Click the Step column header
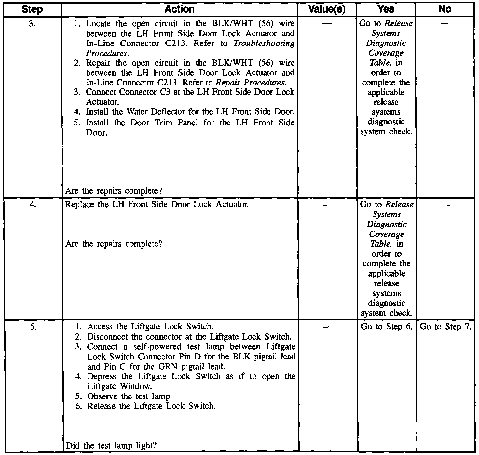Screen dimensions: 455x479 coord(33,9)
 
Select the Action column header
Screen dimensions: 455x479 coord(179,9)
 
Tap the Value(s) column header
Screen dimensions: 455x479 coord(327,9)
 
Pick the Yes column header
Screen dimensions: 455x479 coord(386,9)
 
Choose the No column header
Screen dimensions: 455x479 coord(445,9)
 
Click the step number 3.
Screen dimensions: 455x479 coord(32,24)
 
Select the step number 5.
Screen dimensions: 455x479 coord(33,327)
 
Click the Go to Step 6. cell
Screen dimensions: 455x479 coord(386,327)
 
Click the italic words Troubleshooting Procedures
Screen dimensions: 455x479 coord(264,44)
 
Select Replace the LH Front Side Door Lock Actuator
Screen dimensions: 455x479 coord(157,205)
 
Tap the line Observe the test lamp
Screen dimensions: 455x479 coord(130,396)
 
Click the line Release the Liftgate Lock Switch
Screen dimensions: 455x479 coord(151,406)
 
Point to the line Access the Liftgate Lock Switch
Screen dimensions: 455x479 coord(150,327)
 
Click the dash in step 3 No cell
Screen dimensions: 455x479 coord(445,24)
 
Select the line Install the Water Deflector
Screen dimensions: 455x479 coord(190,112)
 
